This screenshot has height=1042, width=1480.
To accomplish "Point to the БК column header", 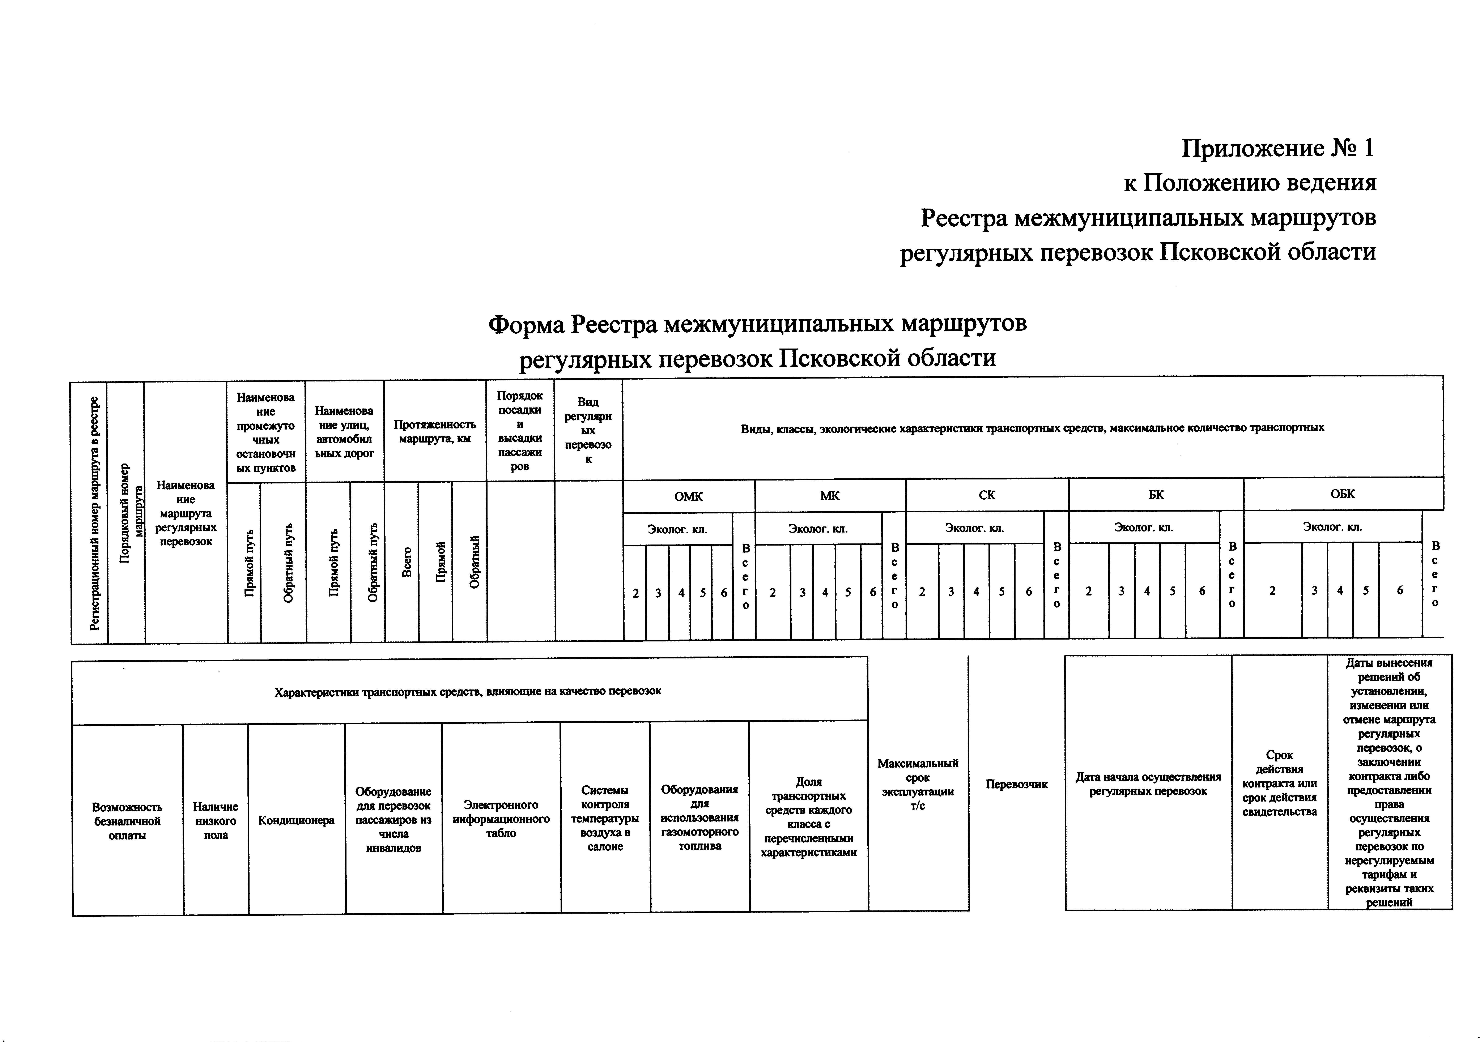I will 1156,494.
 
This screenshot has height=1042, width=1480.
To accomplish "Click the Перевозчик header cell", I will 1017,784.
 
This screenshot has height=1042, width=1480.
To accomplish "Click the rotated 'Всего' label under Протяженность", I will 407,562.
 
